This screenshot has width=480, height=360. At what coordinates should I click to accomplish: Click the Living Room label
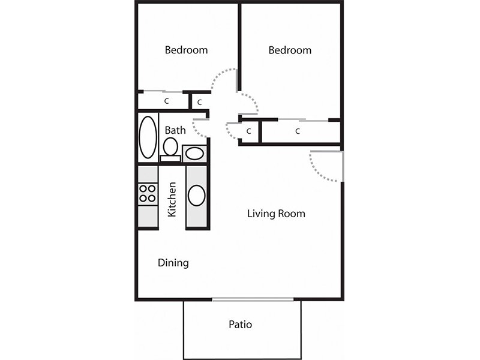click(x=276, y=214)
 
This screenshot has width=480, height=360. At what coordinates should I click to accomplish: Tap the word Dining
click(x=173, y=263)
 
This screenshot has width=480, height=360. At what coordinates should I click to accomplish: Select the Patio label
click(x=241, y=324)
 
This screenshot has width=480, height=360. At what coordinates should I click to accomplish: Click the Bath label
click(x=175, y=130)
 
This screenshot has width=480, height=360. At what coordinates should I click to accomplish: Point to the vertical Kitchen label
click(x=172, y=200)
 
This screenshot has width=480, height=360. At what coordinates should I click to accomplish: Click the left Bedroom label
click(x=186, y=50)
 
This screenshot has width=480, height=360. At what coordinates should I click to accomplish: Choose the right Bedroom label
click(x=290, y=50)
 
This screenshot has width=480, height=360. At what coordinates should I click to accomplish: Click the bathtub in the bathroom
click(x=148, y=137)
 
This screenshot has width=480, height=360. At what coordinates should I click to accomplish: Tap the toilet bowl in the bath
click(x=170, y=146)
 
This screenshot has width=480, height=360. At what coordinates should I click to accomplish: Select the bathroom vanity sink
click(x=194, y=154)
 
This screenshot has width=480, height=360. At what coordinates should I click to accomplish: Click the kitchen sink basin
click(x=197, y=196)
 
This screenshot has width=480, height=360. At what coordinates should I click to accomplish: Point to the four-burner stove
click(x=148, y=193)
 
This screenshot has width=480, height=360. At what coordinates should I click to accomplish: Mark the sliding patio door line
click(x=253, y=299)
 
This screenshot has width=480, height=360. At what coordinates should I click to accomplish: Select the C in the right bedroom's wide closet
click(x=297, y=131)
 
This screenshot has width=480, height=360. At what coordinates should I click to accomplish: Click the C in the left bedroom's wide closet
click(x=167, y=101)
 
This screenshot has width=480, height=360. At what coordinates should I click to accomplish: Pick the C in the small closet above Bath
click(x=200, y=102)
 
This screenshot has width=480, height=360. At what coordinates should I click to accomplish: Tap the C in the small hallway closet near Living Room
click(x=248, y=131)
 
